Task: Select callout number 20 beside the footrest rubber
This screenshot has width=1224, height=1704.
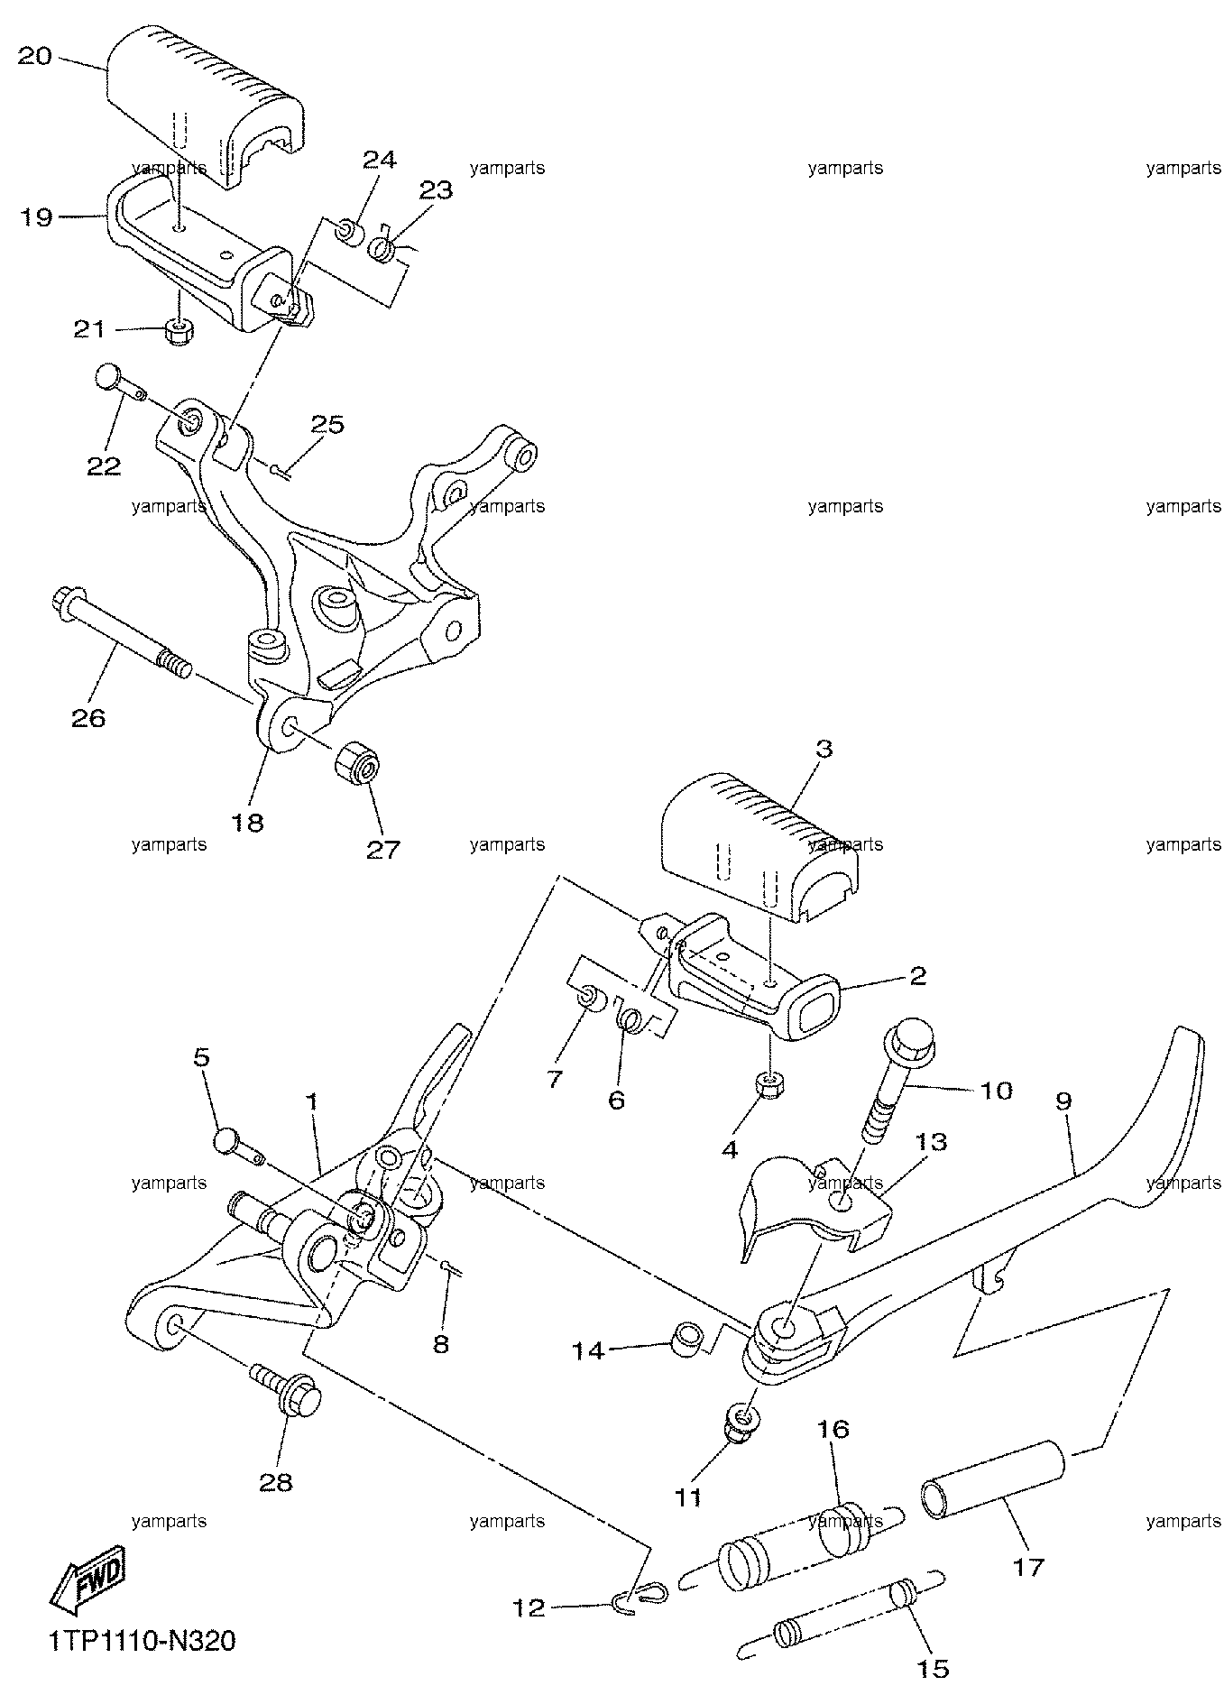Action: pos(35,57)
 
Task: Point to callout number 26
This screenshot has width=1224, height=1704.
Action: pos(88,718)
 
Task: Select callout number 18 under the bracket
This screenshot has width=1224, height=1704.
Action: pos(249,822)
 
